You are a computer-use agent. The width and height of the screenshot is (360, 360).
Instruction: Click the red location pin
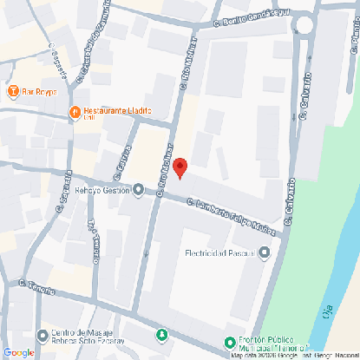pyautogui.click(x=180, y=167)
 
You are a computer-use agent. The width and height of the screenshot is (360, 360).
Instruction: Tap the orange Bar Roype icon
pyautogui.click(x=13, y=91)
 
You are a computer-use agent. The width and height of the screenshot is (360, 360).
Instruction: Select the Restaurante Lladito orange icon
pyautogui.click(x=75, y=112)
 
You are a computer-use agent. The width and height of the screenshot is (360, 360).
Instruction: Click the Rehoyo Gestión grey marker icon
pyautogui.click(x=138, y=190)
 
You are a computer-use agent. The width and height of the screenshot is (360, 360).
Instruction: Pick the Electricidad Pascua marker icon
pyautogui.click(x=264, y=253)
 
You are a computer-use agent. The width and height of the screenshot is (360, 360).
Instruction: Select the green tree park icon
pyautogui.click(x=160, y=335)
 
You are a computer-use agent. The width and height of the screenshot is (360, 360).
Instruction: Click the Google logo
pyautogui.click(x=18, y=351)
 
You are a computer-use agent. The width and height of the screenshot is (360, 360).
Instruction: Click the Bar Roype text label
pyautogui.click(x=40, y=91)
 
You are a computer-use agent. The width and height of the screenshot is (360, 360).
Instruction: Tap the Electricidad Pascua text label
pyautogui.click(x=219, y=253)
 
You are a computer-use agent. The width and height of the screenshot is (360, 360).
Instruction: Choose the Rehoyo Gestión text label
pyautogui.click(x=101, y=190)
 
